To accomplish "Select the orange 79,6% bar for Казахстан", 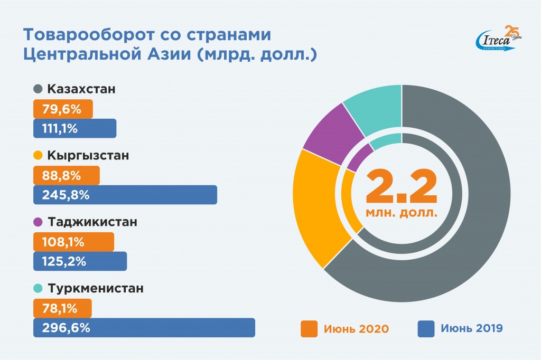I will click(x=63, y=109).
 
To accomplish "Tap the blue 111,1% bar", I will click(x=74, y=129).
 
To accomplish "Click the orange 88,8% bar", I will click(x=66, y=175).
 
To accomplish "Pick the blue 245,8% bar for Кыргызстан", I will click(x=125, y=195).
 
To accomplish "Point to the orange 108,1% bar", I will click(x=73, y=242).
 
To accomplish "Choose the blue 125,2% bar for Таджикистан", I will click(x=80, y=261).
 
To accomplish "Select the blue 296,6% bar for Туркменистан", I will click(x=144, y=328).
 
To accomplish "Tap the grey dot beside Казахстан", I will click(x=38, y=90).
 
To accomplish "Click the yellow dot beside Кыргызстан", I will click(x=38, y=156).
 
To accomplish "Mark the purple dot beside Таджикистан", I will click(x=38, y=223).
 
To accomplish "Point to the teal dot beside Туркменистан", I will click(x=38, y=289).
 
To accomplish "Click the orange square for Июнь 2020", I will click(x=309, y=329).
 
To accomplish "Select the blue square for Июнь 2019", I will click(x=425, y=329).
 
